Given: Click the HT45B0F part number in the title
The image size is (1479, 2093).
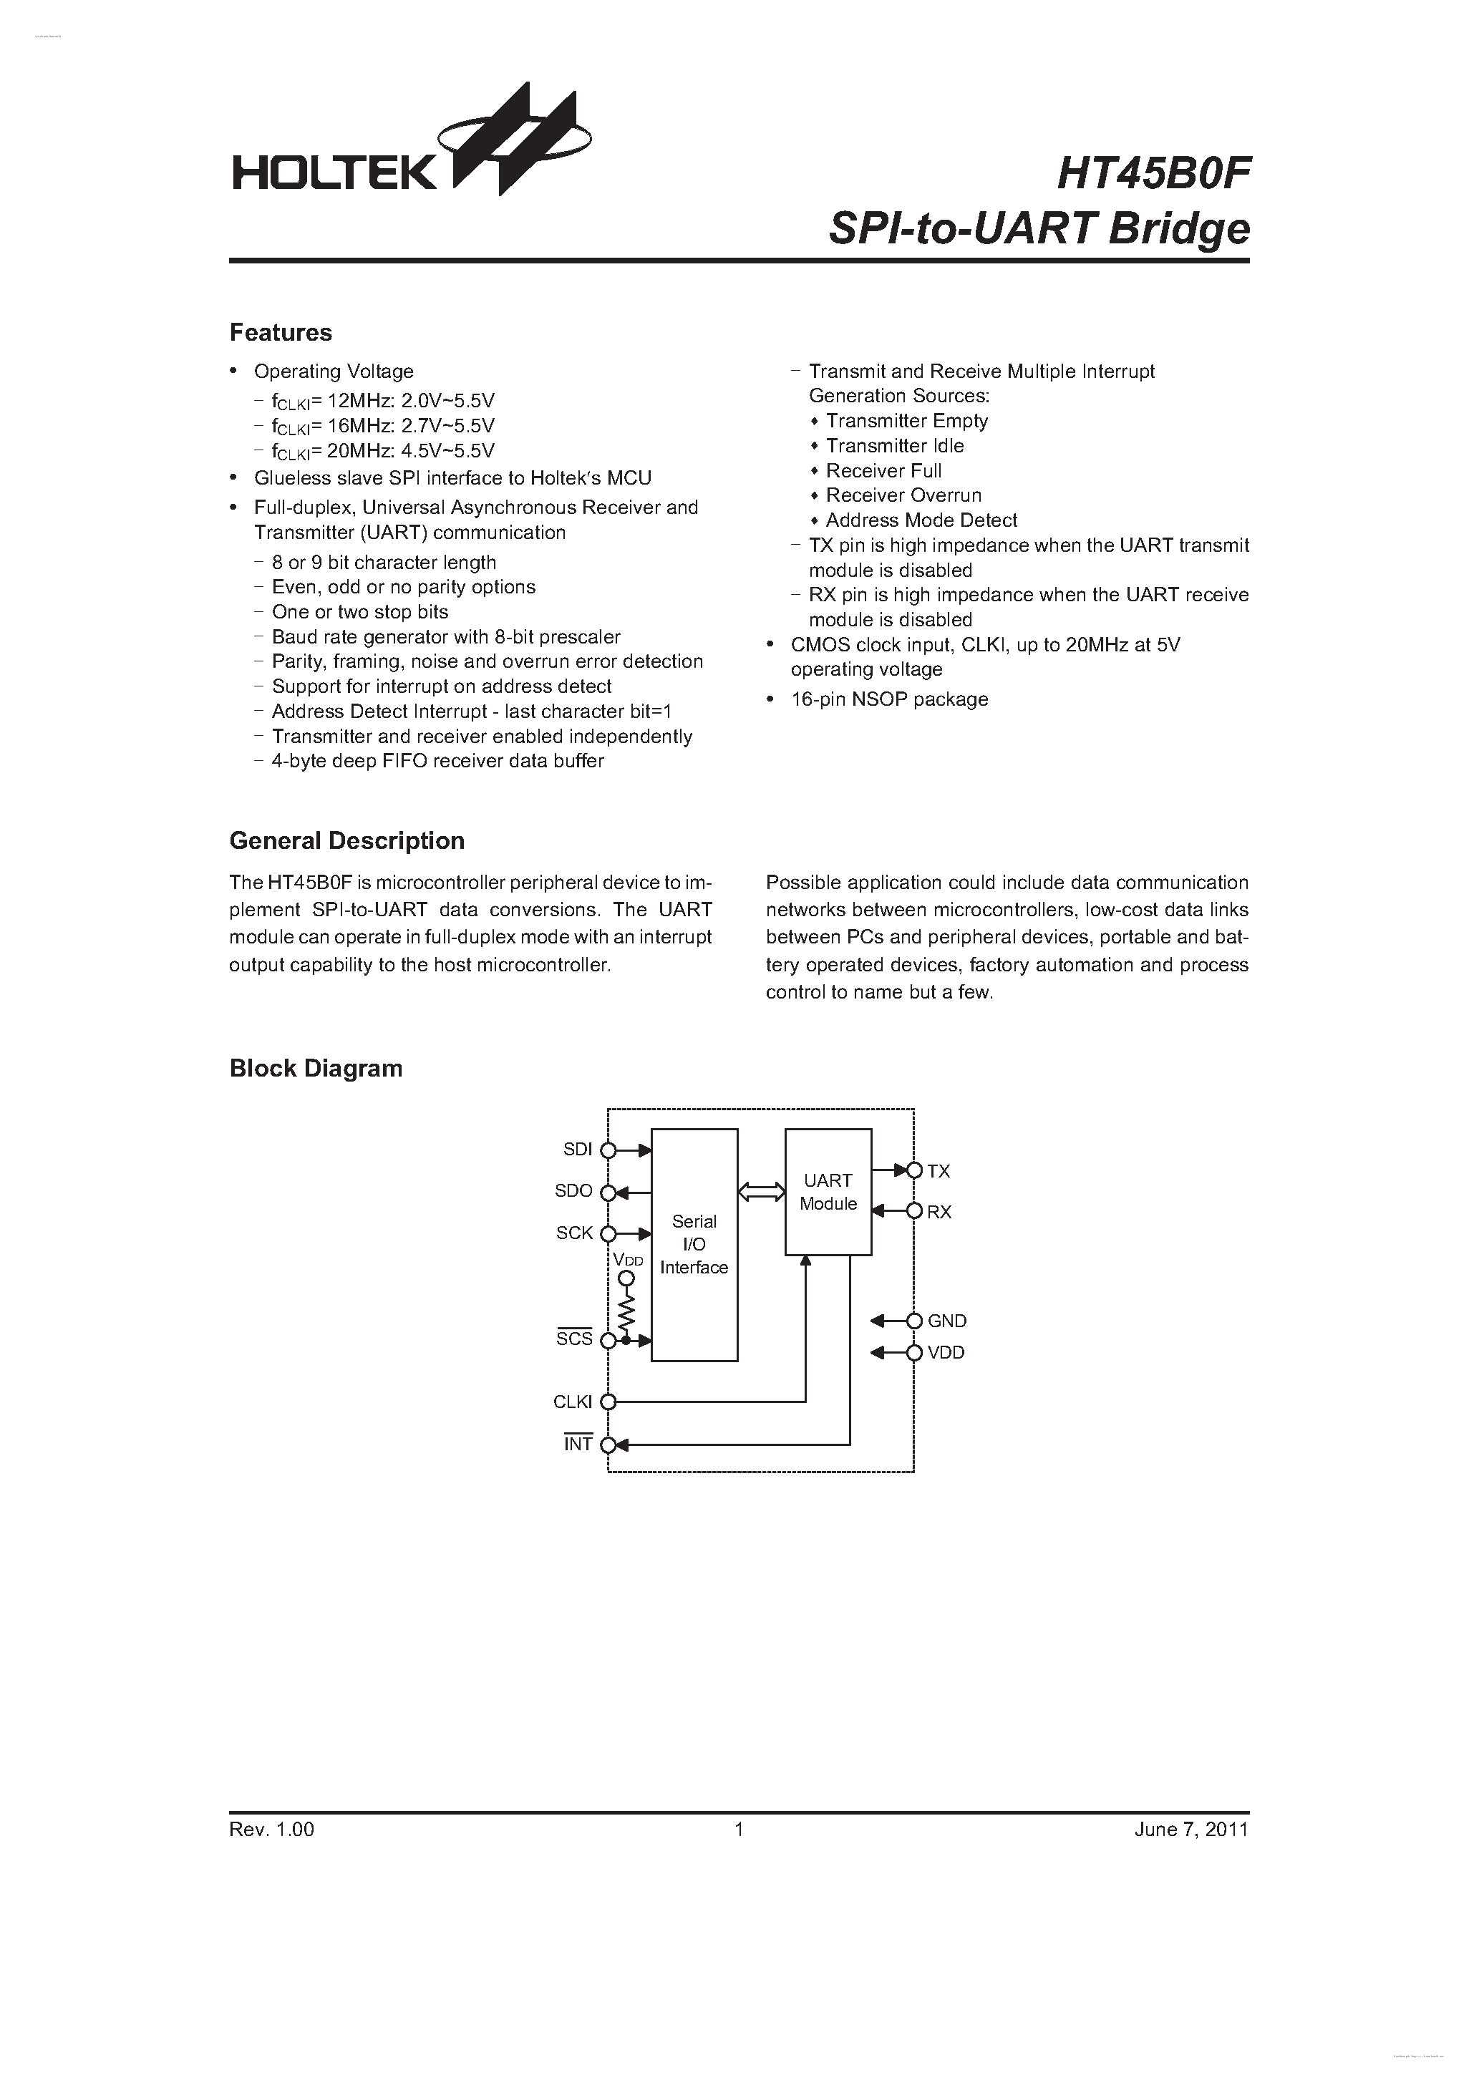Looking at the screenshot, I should click(x=1153, y=173).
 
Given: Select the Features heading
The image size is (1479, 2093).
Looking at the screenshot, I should click(x=281, y=333).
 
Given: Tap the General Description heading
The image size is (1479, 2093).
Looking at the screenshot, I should click(x=346, y=840).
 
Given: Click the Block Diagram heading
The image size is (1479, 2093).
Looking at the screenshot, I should click(x=316, y=1069).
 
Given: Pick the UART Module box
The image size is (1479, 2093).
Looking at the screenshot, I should click(x=828, y=1191).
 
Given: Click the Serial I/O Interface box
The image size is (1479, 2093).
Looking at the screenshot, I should click(x=694, y=1244).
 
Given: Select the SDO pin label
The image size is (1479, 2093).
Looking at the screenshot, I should click(x=573, y=1191).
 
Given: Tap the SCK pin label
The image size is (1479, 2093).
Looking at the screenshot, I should click(x=574, y=1233).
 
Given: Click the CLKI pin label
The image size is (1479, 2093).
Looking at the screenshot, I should click(x=573, y=1402).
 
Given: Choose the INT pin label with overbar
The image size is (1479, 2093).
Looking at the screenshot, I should click(x=578, y=1444).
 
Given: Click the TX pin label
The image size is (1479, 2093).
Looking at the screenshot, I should click(x=939, y=1171).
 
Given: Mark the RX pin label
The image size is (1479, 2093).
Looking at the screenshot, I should click(x=939, y=1213).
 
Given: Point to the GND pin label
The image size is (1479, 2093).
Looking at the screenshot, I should click(x=946, y=1321).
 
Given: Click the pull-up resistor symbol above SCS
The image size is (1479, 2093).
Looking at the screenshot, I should click(x=626, y=1313).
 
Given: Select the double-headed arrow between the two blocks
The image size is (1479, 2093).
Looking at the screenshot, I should click(x=762, y=1191).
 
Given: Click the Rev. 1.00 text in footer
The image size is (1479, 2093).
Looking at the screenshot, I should click(x=272, y=1830).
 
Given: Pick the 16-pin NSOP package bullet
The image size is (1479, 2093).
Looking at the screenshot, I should click(x=889, y=699).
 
